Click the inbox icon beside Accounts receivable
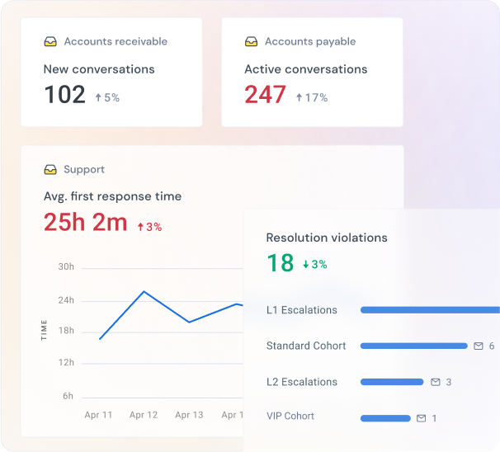tap(50, 41)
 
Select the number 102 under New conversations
tap(64, 95)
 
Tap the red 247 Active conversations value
tap(265, 95)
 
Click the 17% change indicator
tap(311, 97)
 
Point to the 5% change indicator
tap(106, 97)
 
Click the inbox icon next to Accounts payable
tap(252, 41)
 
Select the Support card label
tap(83, 169)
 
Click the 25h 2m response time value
tap(85, 222)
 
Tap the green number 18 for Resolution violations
tap(281, 262)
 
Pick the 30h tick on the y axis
tap(66, 267)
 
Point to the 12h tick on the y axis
tap(66, 363)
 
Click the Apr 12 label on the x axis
tap(144, 415)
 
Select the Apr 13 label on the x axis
tap(189, 415)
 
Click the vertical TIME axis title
tap(44, 330)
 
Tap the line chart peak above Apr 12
tap(144, 291)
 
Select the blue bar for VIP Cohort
tap(385, 418)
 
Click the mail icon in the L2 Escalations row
tap(435, 382)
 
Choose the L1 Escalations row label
tap(301, 310)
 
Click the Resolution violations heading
tap(326, 238)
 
